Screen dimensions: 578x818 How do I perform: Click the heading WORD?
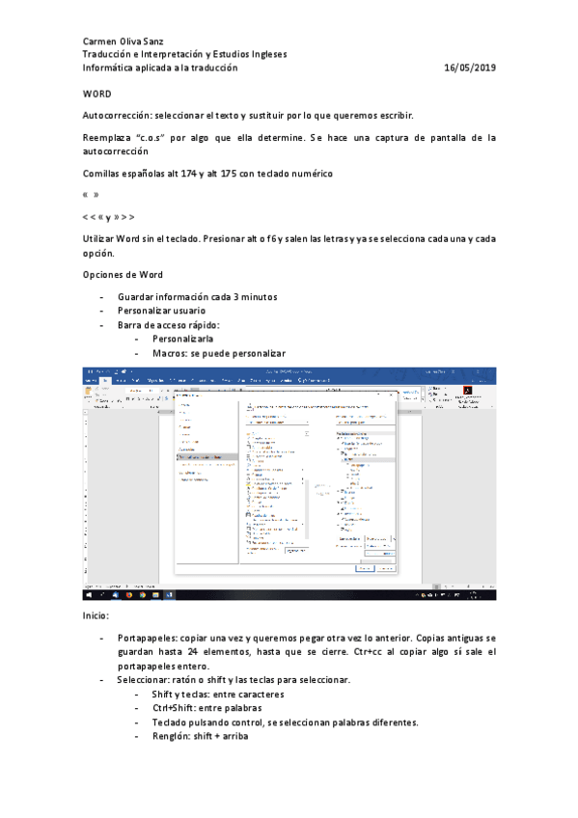click(96, 95)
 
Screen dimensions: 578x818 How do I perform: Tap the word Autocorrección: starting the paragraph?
click(117, 116)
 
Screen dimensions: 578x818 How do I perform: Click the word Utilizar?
click(101, 238)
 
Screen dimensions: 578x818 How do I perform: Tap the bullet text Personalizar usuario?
click(161, 311)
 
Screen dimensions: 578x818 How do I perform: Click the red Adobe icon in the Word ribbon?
click(469, 393)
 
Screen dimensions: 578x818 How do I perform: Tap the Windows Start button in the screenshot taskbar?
click(88, 596)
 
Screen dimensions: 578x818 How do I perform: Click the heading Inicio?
click(96, 615)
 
